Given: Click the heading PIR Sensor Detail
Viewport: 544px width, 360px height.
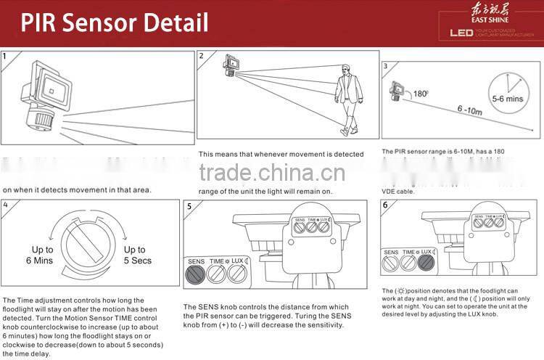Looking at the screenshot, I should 114,22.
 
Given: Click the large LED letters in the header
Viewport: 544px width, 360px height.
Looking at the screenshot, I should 461,33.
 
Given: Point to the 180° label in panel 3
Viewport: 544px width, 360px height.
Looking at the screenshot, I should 420,94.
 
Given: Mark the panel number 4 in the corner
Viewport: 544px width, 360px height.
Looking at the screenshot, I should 5,205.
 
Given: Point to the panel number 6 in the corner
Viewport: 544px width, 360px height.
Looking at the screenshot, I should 385,205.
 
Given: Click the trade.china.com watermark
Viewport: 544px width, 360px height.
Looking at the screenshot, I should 273,173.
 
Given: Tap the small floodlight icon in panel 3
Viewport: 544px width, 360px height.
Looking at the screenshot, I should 396,91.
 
